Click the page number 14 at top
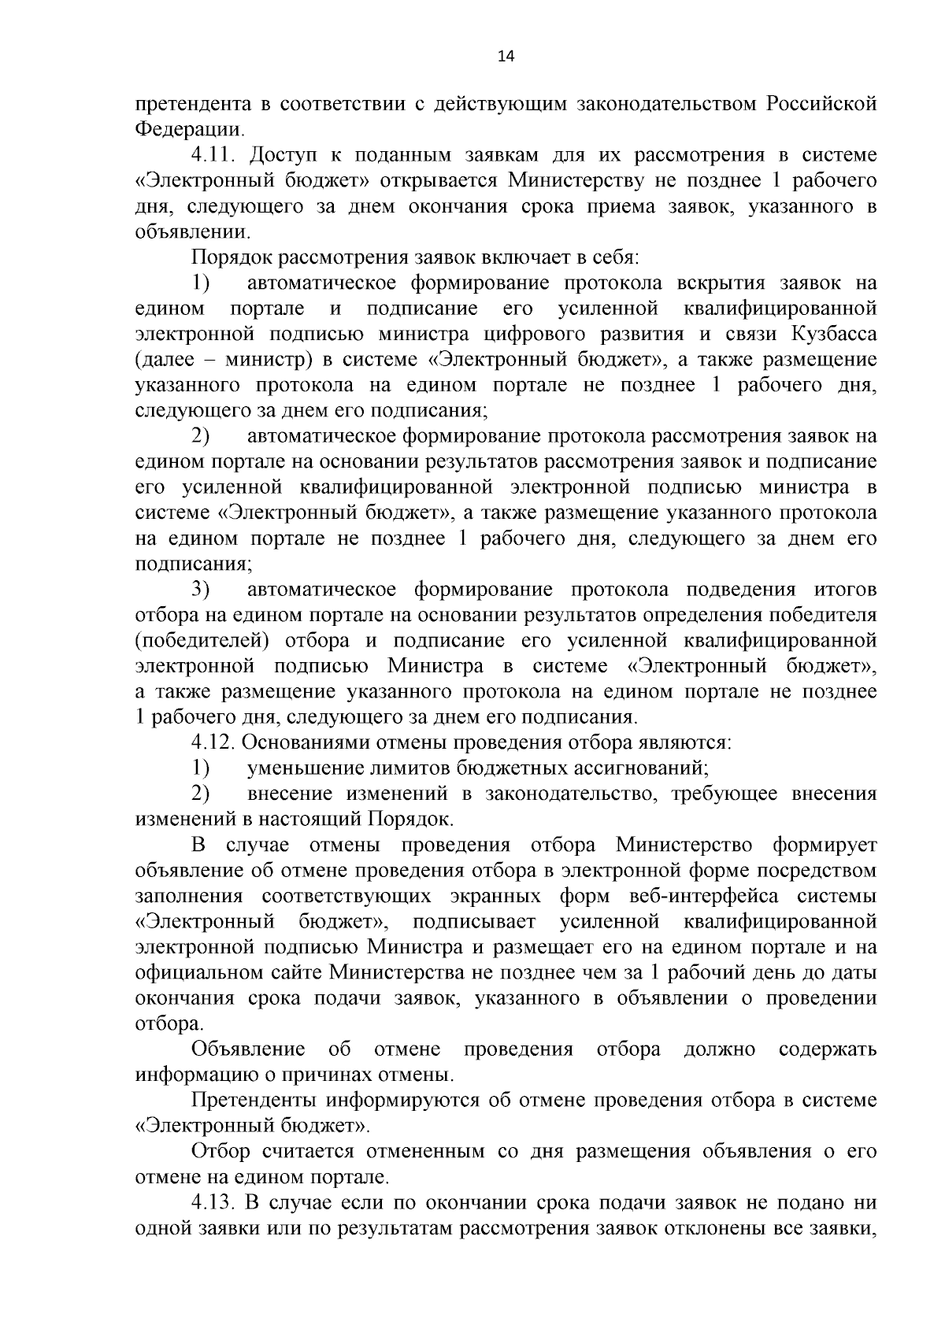(x=506, y=56)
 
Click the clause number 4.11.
(x=213, y=156)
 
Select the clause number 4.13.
(x=213, y=1205)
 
